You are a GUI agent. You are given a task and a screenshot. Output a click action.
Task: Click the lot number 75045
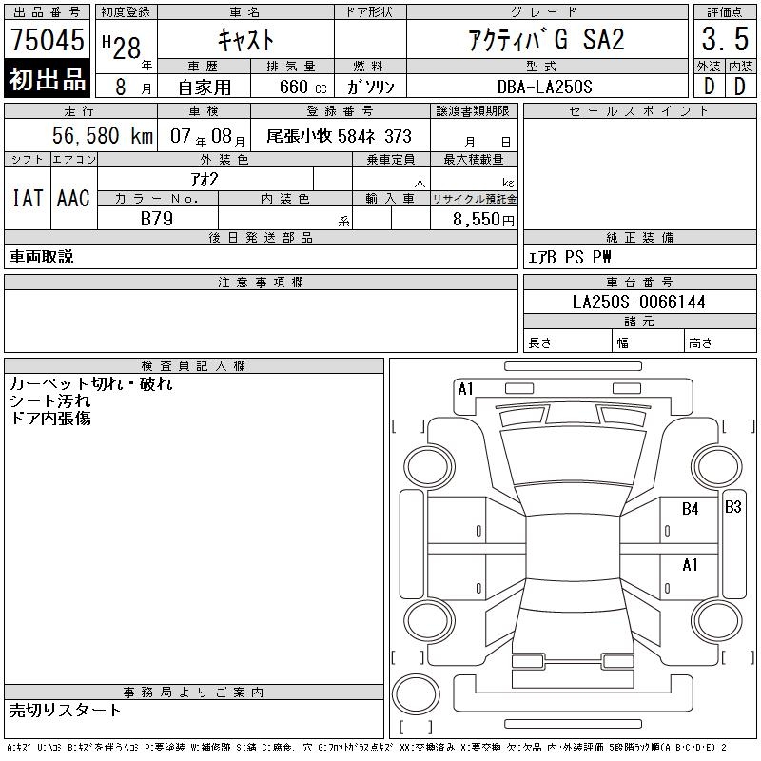pos(47,39)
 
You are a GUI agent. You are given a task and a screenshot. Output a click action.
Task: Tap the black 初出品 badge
pos(47,79)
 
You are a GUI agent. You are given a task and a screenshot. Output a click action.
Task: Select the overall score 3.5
pos(725,39)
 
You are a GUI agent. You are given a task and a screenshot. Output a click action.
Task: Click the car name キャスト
pos(245,39)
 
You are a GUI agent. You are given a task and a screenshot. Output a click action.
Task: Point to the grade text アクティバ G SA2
pos(546,39)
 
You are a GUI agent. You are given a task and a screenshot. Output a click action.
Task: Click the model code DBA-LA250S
pos(544,87)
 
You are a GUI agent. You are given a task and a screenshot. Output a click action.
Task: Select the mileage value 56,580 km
pos(103,135)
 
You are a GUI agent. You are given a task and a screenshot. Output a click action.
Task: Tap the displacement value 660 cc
pos(302,88)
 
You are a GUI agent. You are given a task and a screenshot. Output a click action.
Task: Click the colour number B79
pos(157,219)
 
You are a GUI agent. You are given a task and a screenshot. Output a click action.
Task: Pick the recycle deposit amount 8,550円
pos(483,220)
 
